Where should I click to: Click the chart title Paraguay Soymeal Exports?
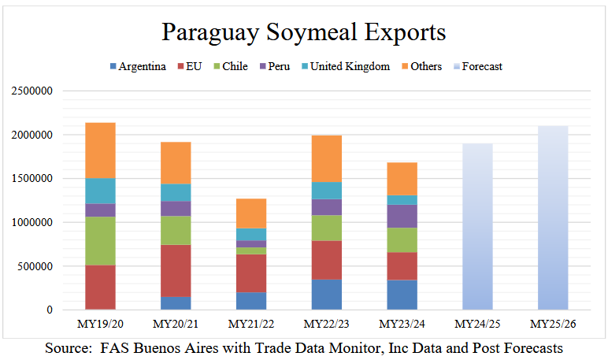tap(303, 32)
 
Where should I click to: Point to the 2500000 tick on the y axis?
tap(31, 91)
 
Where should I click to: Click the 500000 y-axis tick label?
tap(34, 266)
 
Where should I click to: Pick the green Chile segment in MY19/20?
tap(102, 240)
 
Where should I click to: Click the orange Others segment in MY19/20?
tap(102, 150)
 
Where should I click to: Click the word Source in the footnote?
tap(69, 347)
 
